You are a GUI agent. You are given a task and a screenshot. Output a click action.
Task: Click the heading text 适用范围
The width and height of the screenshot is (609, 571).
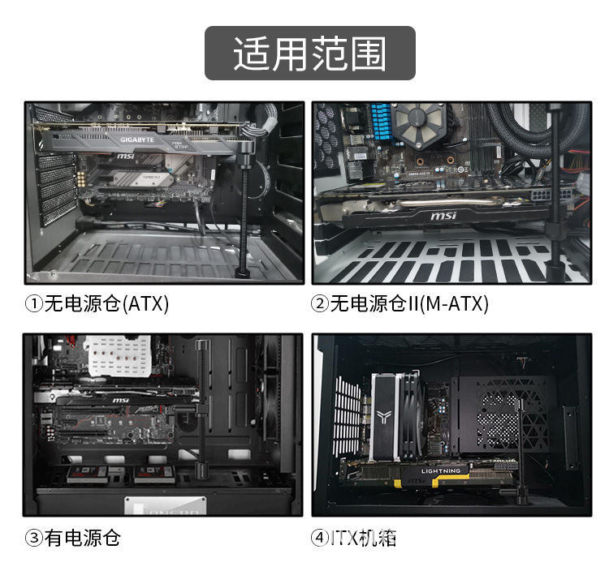(x=309, y=54)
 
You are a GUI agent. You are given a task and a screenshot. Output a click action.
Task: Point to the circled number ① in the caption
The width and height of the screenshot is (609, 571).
(x=33, y=304)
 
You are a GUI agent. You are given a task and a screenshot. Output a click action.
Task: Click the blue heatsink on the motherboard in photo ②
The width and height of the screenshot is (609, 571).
(x=380, y=122)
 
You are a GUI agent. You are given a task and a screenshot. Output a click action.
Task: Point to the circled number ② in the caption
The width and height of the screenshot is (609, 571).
(x=320, y=304)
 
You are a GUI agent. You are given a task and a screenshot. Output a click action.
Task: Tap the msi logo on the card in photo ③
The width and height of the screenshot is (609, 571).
(x=119, y=401)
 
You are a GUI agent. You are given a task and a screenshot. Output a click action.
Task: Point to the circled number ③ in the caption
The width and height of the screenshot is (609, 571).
(x=33, y=538)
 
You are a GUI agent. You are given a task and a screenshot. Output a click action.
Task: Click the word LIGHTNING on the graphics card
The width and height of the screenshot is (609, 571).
(x=441, y=471)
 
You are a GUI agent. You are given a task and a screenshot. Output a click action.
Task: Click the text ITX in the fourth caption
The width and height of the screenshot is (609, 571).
(x=344, y=538)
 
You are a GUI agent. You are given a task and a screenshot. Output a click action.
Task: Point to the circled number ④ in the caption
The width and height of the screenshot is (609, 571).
(x=320, y=538)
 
